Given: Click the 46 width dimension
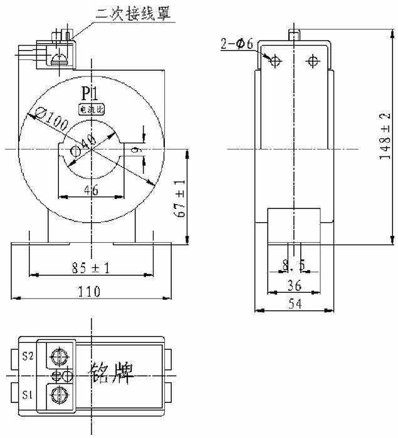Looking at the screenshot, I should [91, 191].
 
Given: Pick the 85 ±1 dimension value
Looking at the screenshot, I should [91, 267].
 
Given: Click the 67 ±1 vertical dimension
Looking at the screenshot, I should [180, 198].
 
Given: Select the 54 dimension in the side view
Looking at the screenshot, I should [293, 303].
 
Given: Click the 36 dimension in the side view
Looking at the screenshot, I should [293, 285].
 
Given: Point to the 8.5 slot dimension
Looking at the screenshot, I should [293, 266].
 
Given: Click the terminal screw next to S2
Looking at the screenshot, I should [58, 356].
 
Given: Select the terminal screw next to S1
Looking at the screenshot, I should [58, 395].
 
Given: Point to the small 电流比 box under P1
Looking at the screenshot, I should [92, 109].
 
